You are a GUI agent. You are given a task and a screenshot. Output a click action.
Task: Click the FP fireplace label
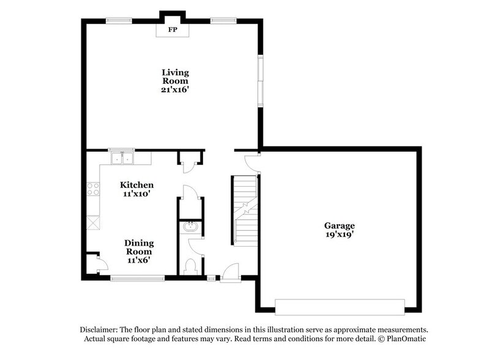[173, 29]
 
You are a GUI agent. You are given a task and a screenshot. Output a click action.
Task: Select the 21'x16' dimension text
[175, 89]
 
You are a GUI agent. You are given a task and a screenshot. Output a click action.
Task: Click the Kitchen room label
[136, 185]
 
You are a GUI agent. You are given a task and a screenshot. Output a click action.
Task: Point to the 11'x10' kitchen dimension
[136, 193]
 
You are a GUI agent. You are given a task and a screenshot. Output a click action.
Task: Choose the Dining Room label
[139, 247]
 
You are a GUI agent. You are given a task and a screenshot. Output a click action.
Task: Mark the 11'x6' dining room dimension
[139, 260]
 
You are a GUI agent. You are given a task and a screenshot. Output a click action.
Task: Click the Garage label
[339, 225]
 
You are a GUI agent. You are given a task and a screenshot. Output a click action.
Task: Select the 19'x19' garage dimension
[339, 234]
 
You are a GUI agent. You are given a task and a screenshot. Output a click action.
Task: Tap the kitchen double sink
[123, 159]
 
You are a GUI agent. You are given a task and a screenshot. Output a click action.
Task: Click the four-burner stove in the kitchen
[94, 189]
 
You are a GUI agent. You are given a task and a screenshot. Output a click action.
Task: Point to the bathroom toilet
[190, 266]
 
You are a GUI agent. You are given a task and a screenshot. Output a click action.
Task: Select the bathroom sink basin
[190, 227]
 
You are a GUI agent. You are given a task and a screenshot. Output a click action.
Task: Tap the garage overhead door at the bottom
[340, 306]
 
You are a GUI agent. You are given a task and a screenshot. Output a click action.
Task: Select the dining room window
[137, 279]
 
